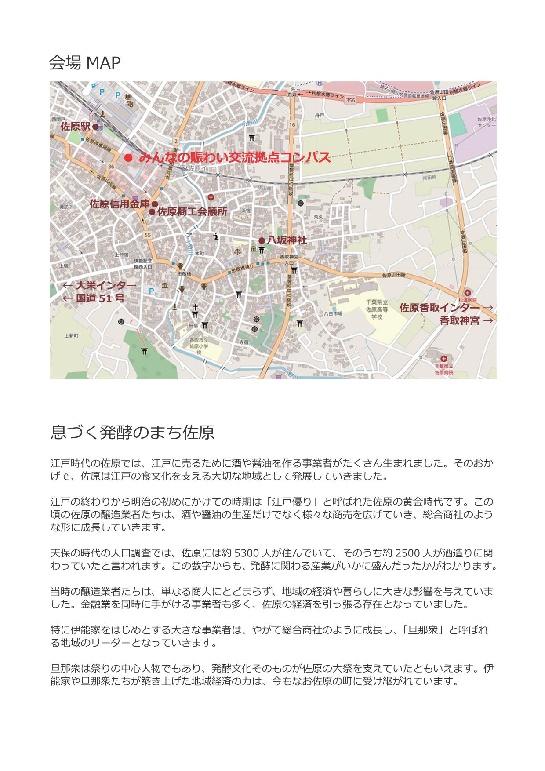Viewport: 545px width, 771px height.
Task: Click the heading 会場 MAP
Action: [x=85, y=63]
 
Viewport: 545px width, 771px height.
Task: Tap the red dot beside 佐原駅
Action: [x=95, y=127]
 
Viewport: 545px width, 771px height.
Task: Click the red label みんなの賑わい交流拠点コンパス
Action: [x=234, y=158]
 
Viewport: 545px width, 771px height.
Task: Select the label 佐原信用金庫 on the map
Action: [x=120, y=204]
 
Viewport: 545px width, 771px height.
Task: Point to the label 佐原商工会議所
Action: [x=192, y=211]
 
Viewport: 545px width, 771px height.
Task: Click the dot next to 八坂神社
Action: [x=262, y=240]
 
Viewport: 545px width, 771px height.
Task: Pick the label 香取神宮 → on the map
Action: [x=465, y=320]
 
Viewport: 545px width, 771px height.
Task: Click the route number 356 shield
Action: [x=350, y=100]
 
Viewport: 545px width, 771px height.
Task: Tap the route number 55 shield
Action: [x=147, y=235]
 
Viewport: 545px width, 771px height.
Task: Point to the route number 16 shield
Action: [x=292, y=125]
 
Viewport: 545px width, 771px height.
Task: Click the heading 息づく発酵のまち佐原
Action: [x=132, y=432]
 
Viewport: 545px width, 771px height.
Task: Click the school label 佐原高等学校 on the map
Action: [x=377, y=309]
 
